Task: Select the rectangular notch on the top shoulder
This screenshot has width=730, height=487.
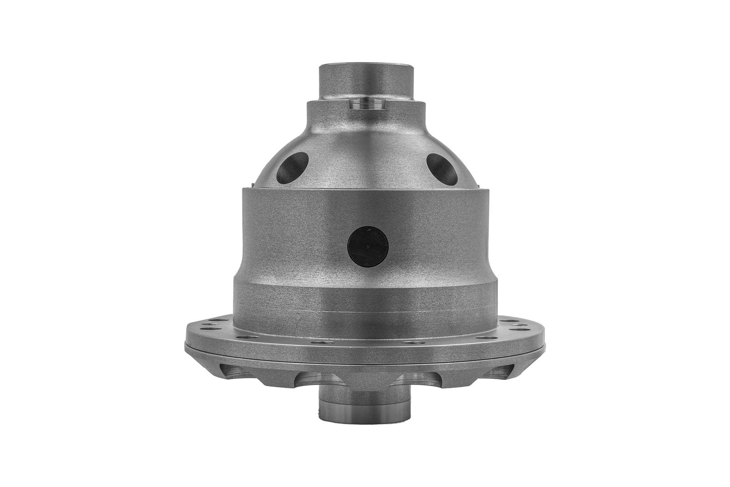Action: [x=367, y=104]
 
